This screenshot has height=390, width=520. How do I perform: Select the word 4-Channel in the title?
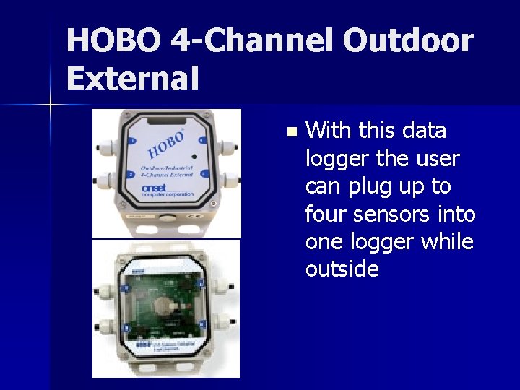[x=251, y=41]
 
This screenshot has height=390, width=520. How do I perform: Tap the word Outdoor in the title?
[x=408, y=41]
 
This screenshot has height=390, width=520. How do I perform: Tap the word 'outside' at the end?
[x=342, y=269]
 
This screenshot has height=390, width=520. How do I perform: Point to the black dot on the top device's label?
[x=194, y=156]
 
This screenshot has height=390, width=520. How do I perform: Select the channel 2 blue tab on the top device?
[x=131, y=174]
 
